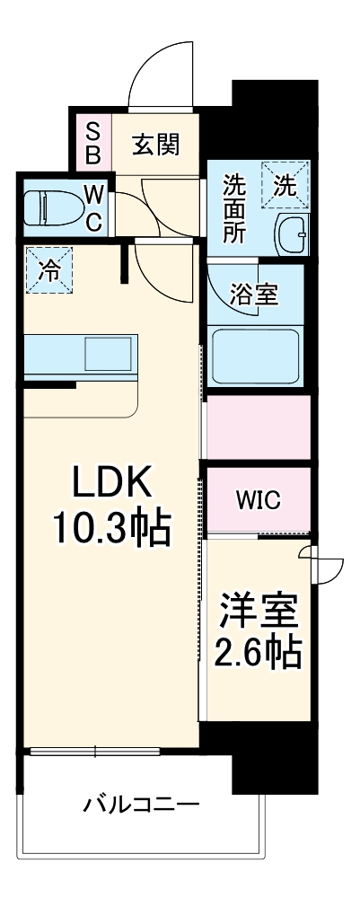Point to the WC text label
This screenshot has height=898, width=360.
point(94,207)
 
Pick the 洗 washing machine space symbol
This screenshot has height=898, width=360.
point(285,186)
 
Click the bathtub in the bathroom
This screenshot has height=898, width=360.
point(255,354)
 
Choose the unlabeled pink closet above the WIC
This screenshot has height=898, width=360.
point(259,427)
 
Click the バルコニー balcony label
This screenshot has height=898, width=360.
point(141,802)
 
